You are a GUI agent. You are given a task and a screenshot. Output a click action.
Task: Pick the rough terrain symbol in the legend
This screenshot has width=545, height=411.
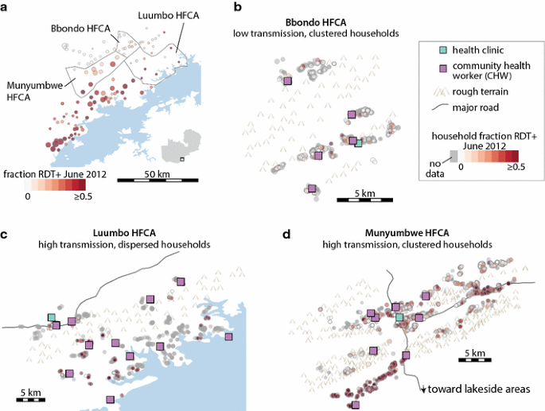(435, 91)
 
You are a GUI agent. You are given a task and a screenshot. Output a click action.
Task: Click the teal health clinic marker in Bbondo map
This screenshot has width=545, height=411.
(358, 143)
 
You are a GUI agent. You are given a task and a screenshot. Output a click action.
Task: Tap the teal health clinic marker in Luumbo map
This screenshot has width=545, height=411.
(52, 317)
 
